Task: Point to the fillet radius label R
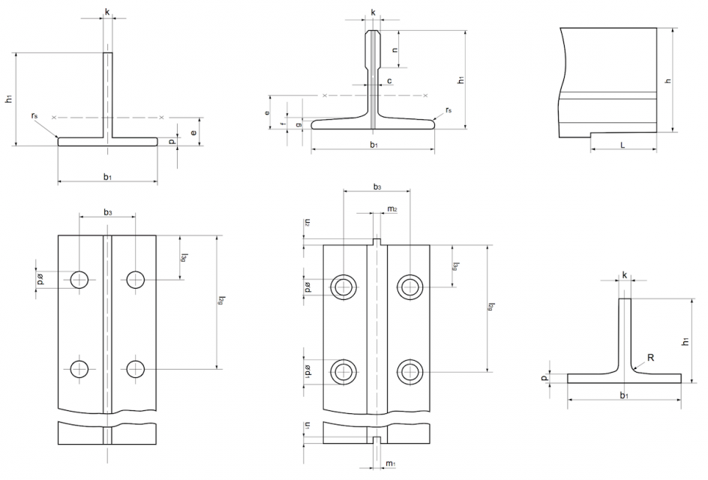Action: point(650,358)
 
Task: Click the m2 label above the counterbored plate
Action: point(392,208)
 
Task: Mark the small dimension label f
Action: point(283,123)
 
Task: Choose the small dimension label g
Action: point(298,123)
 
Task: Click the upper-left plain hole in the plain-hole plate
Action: point(79,280)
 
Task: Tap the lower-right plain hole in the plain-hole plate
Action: point(136,368)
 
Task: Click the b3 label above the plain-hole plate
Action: point(107,214)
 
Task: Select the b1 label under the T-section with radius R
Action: point(624,394)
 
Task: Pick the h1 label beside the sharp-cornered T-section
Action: point(7,98)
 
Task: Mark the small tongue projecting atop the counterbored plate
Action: point(376,241)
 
